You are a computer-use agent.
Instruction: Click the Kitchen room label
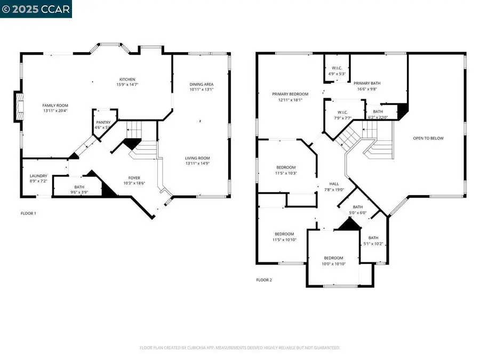(127, 82)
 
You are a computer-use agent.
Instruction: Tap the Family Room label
(55, 109)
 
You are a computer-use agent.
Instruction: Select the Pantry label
(103, 125)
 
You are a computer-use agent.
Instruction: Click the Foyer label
(134, 180)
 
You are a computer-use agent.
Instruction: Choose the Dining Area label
(202, 87)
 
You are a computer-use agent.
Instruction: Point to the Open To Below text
(428, 138)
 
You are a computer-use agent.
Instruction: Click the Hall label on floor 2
(334, 186)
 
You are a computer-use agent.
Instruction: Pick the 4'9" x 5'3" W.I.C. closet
(337, 70)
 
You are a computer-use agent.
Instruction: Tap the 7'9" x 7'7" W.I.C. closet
(343, 115)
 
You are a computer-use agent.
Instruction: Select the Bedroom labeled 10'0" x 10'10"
(334, 261)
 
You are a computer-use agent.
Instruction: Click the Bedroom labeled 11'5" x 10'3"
(286, 170)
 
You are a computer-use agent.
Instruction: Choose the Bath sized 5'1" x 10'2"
(373, 241)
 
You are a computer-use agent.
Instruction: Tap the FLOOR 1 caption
(28, 213)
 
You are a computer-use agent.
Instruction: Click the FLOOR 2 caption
(264, 279)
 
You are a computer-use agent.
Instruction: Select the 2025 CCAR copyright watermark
(35, 9)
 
